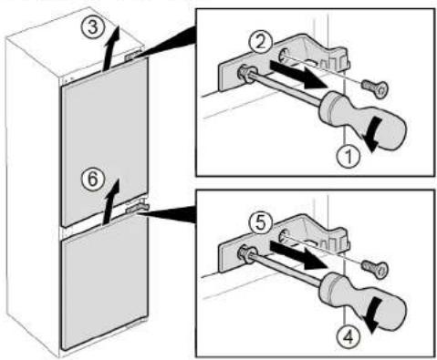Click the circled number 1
pos(349,157)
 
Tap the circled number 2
pos(259,42)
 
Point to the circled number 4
pos(349,337)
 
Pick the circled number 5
pos(259,222)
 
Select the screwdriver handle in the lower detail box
pos(362,301)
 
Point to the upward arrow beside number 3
pos(110,48)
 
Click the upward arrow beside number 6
pos(110,201)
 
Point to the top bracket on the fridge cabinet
pos(133,56)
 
